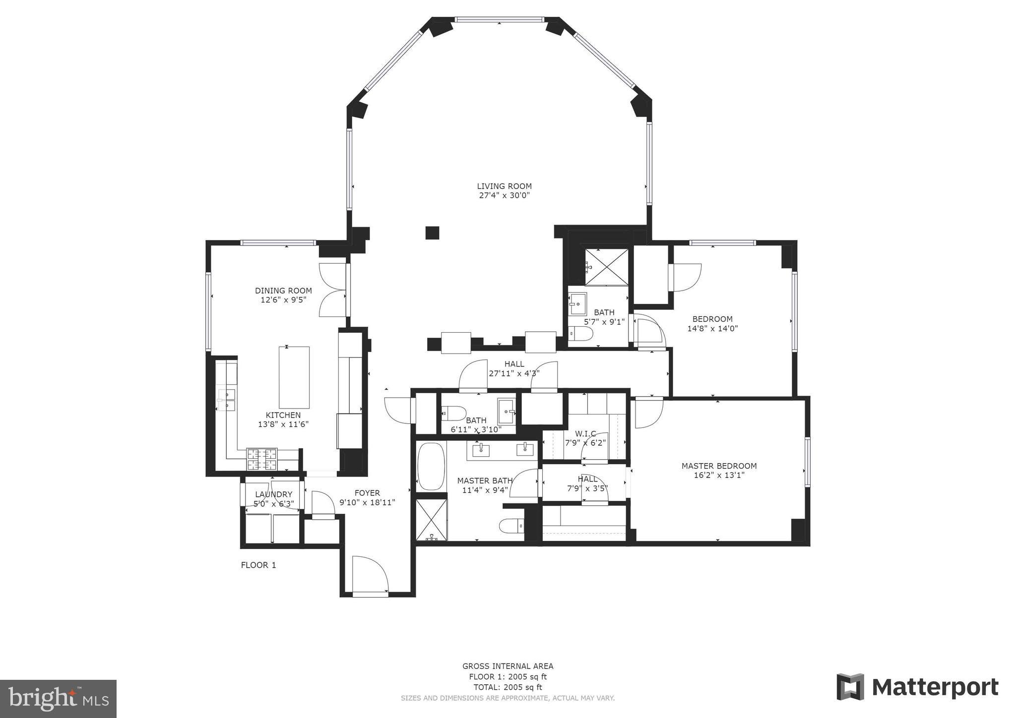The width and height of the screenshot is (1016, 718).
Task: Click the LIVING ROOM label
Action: click(x=504, y=186)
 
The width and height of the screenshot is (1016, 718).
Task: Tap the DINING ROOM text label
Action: click(x=283, y=291)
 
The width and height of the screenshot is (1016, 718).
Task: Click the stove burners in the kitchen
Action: click(x=262, y=459)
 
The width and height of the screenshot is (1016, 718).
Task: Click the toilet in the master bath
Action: click(x=511, y=525)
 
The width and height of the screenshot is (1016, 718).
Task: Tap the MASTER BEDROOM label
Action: click(x=719, y=466)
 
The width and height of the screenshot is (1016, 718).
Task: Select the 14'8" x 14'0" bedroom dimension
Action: click(x=712, y=328)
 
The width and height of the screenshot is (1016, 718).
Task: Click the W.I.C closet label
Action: click(x=585, y=434)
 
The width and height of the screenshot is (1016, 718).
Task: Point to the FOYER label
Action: click(x=367, y=493)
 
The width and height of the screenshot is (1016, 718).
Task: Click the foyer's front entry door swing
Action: click(x=370, y=574)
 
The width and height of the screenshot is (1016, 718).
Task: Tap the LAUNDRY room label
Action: click(x=273, y=494)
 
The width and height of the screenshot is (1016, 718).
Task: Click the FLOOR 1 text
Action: click(x=258, y=565)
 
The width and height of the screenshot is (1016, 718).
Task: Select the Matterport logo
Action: click(x=917, y=687)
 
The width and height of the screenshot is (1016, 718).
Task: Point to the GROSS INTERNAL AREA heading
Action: click(x=508, y=666)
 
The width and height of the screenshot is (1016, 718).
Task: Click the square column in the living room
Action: click(x=432, y=233)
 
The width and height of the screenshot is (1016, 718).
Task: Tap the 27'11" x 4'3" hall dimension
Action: click(x=514, y=373)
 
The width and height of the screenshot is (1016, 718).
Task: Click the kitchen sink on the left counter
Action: click(x=226, y=400)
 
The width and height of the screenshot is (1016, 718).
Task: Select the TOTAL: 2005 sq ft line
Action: click(x=508, y=687)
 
